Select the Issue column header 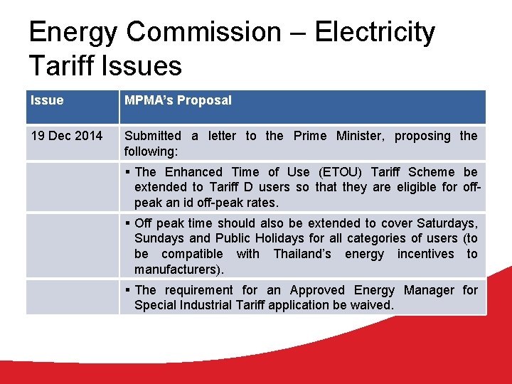point(47,100)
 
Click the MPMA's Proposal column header point(178,100)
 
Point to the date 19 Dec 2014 point(66,136)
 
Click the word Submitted point(152,136)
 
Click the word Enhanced point(193,172)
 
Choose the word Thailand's point(302,254)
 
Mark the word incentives point(425,254)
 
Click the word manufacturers point(177,270)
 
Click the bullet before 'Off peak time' point(127,223)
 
